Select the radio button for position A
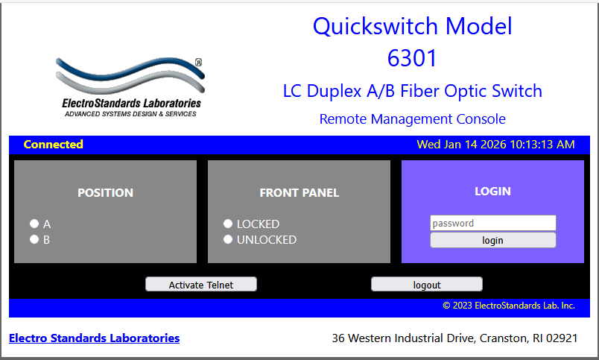click(x=34, y=224)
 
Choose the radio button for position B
click(x=34, y=239)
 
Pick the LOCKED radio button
click(x=228, y=224)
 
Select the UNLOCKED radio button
click(x=228, y=239)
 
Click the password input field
click(x=492, y=223)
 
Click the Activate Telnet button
click(x=201, y=284)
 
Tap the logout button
click(x=427, y=284)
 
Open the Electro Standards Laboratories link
click(x=95, y=338)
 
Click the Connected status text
click(x=54, y=145)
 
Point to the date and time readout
click(x=495, y=145)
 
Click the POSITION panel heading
click(x=106, y=192)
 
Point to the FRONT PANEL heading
click(x=299, y=192)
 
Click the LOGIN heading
click(x=492, y=191)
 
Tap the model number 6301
click(x=412, y=58)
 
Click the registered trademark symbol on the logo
click(x=199, y=63)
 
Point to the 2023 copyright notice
click(x=509, y=306)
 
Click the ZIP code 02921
click(x=562, y=338)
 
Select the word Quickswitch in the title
click(x=375, y=26)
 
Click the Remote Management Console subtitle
click(x=413, y=119)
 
